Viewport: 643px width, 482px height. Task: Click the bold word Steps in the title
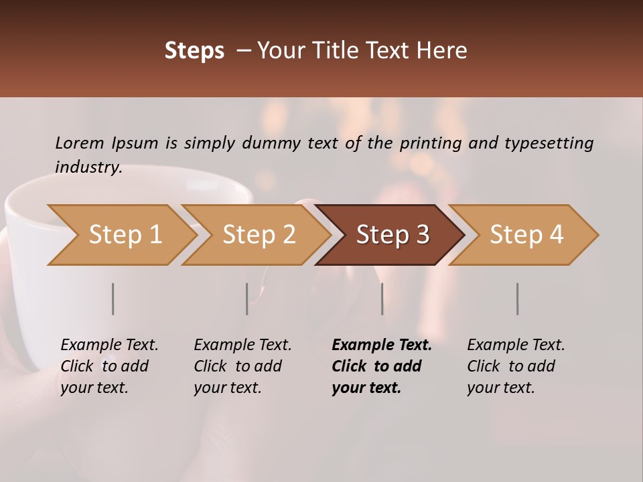pos(194,51)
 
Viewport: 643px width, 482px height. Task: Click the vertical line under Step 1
pos(113,299)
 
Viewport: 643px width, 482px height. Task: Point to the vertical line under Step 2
pos(246,299)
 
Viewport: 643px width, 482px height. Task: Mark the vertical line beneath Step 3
pos(382,299)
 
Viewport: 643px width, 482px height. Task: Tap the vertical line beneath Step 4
pos(517,299)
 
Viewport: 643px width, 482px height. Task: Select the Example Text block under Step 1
pos(109,366)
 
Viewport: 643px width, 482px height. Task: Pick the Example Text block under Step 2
pos(242,366)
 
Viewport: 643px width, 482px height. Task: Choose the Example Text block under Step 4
pos(516,366)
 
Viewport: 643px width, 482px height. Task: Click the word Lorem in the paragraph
pos(80,143)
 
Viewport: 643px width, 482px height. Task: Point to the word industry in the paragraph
pos(88,167)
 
